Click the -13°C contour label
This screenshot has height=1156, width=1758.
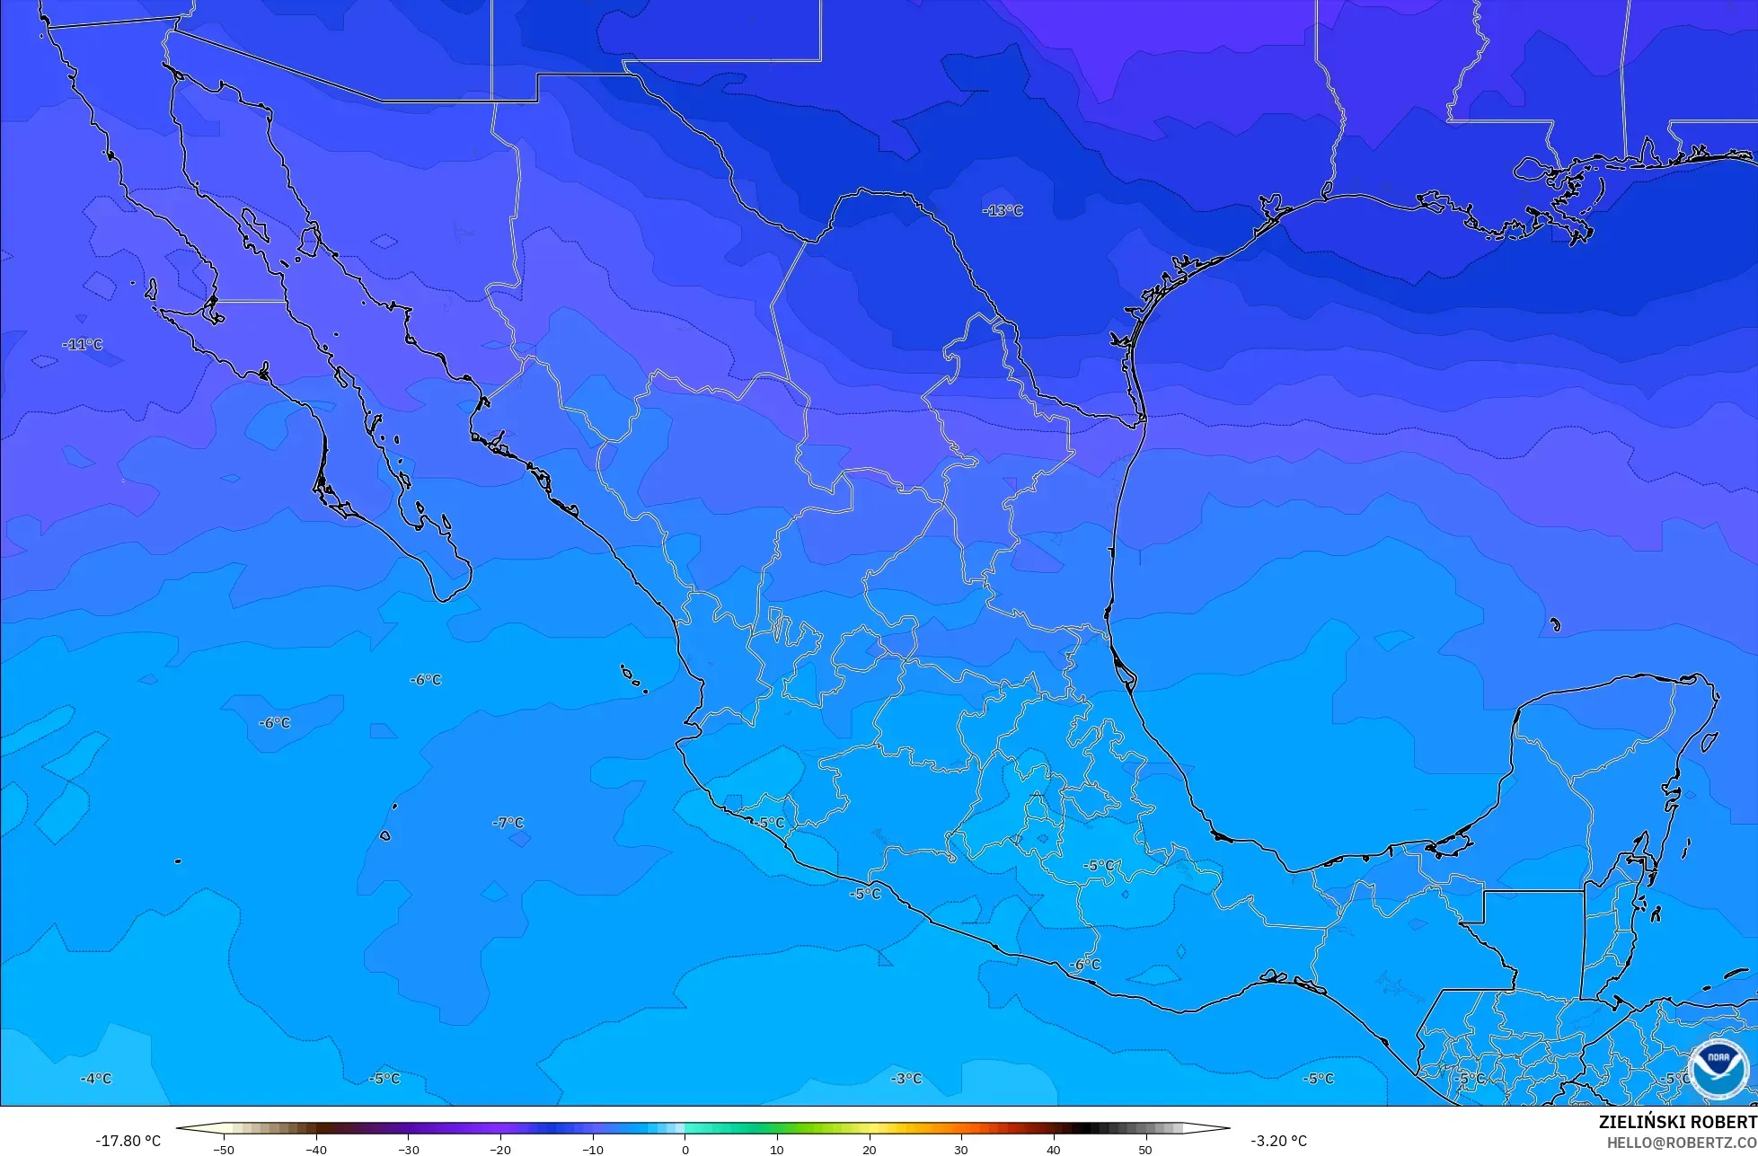coord(1003,211)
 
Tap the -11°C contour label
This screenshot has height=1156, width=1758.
coord(83,345)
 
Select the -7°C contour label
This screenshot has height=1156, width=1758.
coord(508,823)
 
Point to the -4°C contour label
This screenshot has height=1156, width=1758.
coord(96,1079)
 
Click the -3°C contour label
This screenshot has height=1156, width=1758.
coord(906,1079)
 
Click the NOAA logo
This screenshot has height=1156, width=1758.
coord(1718,1068)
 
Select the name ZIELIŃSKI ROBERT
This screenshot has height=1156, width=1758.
coord(1677,1123)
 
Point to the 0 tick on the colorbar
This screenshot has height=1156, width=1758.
coord(685,1150)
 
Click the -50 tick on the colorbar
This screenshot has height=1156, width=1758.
coord(224,1150)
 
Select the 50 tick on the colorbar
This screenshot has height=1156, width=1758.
coord(1145,1150)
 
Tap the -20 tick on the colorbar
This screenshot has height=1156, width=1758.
coord(500,1150)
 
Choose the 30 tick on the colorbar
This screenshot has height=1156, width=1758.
coord(961,1150)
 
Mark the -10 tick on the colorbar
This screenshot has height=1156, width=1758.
coord(592,1150)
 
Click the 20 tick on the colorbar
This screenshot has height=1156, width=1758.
coord(869,1150)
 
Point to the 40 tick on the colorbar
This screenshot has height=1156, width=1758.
coord(1053,1150)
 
